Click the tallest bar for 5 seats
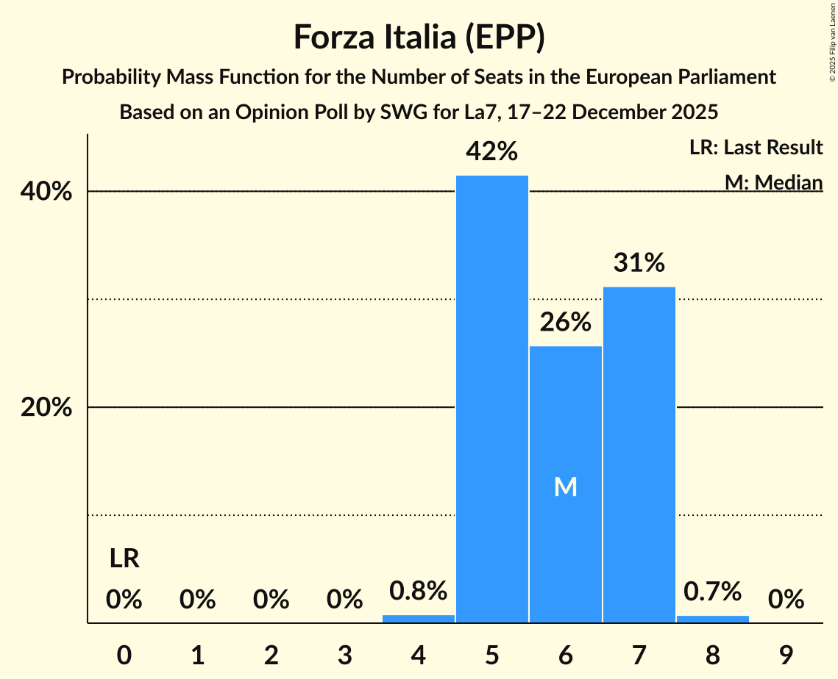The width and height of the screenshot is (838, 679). [x=491, y=399]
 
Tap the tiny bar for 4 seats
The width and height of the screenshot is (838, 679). [x=419, y=619]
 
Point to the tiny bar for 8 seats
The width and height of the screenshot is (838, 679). [x=712, y=619]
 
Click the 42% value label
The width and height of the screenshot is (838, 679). [x=491, y=151]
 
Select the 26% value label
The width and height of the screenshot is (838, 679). [x=565, y=322]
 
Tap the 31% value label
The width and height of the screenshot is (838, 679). [x=639, y=262]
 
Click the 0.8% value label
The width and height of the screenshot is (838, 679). [x=419, y=591]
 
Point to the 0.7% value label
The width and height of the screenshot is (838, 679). [x=712, y=591]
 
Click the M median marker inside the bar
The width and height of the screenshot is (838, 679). [x=565, y=486]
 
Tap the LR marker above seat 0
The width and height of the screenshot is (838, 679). [x=124, y=559]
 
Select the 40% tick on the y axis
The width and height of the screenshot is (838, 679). [x=46, y=192]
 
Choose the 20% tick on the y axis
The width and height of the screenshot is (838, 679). [x=46, y=408]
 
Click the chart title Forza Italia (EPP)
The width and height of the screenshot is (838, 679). [x=419, y=37]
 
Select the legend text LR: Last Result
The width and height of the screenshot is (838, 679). [x=756, y=148]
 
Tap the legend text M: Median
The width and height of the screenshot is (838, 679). [x=773, y=182]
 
